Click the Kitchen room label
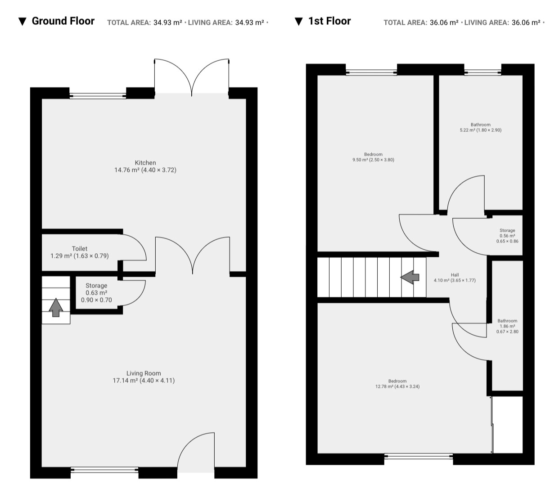pyautogui.click(x=145, y=166)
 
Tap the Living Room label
pyautogui.click(x=144, y=377)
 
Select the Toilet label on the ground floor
pyautogui.click(x=80, y=252)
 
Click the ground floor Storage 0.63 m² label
pyautogui.click(x=96, y=292)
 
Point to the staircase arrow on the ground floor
pyautogui.click(x=56, y=307)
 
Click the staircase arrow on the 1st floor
pyautogui.click(x=410, y=277)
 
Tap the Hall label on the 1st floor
pyautogui.click(x=455, y=278)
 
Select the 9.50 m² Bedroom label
pyautogui.click(x=373, y=157)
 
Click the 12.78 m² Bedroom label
pyautogui.click(x=397, y=384)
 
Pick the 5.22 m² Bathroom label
pyautogui.click(x=480, y=127)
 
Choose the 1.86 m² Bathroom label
pyautogui.click(x=507, y=326)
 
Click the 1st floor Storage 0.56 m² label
pyautogui.click(x=507, y=235)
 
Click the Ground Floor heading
pyautogui.click(x=63, y=21)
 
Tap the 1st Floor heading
pyautogui.click(x=329, y=21)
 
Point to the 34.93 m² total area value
pyautogui.click(x=167, y=22)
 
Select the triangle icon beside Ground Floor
pyautogui.click(x=23, y=22)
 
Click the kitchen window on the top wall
pyautogui.click(x=98, y=96)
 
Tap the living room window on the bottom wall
pyautogui.click(x=104, y=470)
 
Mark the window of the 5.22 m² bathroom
pyautogui.click(x=482, y=72)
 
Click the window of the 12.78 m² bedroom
pyautogui.click(x=418, y=456)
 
